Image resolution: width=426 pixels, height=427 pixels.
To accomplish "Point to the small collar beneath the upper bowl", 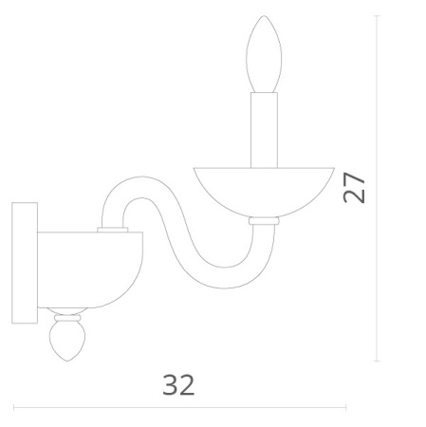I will pyautogui.click(x=263, y=220).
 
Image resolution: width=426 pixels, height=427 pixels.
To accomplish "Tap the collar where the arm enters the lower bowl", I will pyautogui.click(x=113, y=229).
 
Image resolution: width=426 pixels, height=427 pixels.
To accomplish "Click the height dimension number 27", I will pyautogui.click(x=355, y=187).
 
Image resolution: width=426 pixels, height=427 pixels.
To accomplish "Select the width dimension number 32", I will pyautogui.click(x=178, y=384).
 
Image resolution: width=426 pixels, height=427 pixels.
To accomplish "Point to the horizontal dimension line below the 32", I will pyautogui.click(x=180, y=408).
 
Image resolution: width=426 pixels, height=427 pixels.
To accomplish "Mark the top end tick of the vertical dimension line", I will pyautogui.click(x=378, y=15).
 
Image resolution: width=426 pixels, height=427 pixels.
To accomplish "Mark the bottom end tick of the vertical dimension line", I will pyautogui.click(x=378, y=362).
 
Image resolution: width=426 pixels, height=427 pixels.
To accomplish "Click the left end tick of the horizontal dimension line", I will pyautogui.click(x=14, y=408).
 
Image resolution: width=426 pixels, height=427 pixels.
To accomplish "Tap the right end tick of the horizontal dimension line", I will pyautogui.click(x=346, y=408).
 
